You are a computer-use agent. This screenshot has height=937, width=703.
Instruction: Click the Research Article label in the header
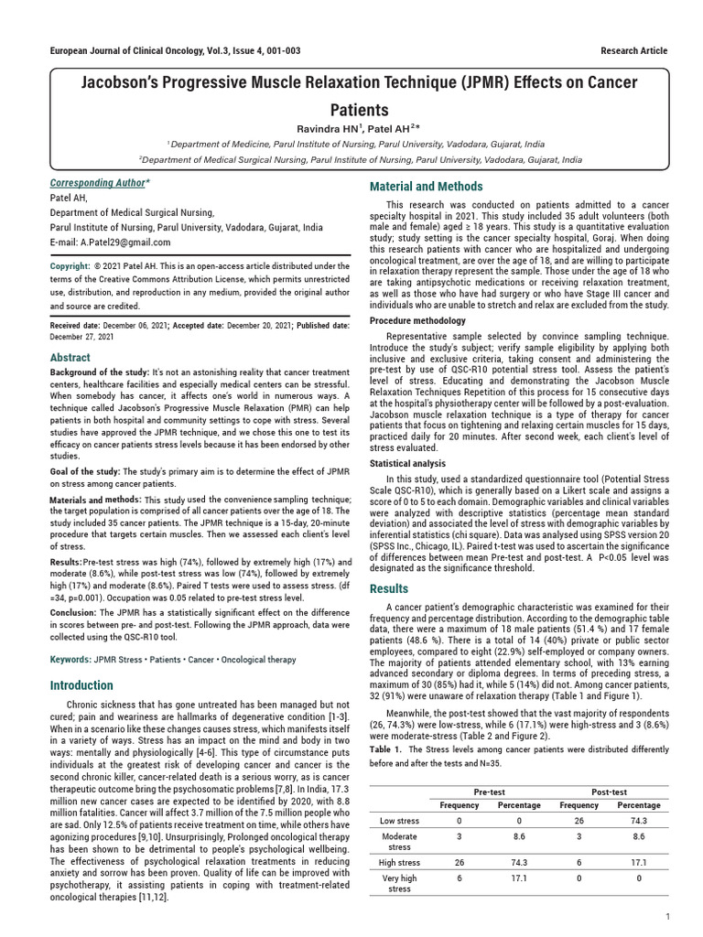point(633,50)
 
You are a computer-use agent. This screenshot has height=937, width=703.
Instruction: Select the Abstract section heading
point(70,358)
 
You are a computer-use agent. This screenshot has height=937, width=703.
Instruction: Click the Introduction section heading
point(81,685)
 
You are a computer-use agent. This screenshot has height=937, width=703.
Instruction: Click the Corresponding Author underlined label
point(100,183)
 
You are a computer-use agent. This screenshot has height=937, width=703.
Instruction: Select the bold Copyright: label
point(70,266)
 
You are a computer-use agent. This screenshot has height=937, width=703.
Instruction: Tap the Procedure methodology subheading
point(417,321)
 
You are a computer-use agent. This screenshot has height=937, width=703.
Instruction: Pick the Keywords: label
point(70,659)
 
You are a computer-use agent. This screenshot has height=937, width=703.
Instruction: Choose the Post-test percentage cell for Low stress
point(638,821)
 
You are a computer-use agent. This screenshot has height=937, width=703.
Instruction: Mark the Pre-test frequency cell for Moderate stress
point(459,836)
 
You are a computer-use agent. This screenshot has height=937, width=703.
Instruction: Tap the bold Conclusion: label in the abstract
point(72,612)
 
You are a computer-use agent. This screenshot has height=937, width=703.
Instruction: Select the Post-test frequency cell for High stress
point(579,862)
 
